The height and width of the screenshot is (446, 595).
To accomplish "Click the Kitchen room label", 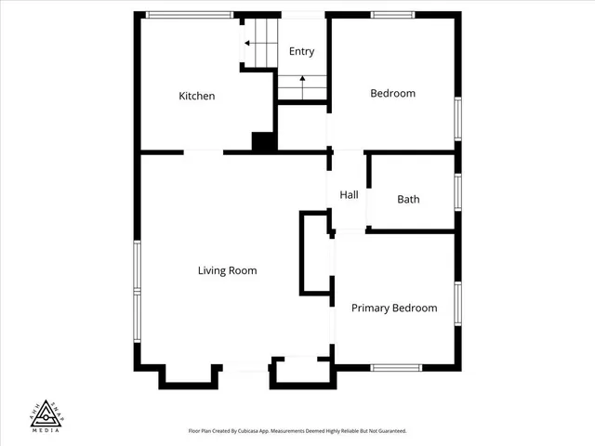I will click(x=197, y=96).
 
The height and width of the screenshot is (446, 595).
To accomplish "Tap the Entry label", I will click(x=301, y=52).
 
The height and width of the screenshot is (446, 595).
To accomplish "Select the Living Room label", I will click(x=227, y=270).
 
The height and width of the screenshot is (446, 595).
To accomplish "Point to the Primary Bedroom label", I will click(x=394, y=308).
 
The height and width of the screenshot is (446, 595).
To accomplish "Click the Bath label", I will click(x=408, y=199).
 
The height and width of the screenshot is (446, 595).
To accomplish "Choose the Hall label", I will click(x=349, y=195).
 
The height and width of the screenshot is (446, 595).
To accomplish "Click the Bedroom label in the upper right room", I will click(x=392, y=93).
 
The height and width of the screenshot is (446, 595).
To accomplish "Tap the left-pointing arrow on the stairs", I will click(x=248, y=43).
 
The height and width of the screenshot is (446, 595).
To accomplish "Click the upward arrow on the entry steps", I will click(x=302, y=82).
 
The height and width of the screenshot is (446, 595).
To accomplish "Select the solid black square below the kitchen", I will click(x=264, y=142).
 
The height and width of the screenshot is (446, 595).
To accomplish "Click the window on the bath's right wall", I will click(x=457, y=192).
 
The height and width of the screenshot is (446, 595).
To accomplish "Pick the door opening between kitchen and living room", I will click(x=204, y=151).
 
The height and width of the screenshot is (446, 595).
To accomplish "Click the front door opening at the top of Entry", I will click(x=302, y=15).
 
